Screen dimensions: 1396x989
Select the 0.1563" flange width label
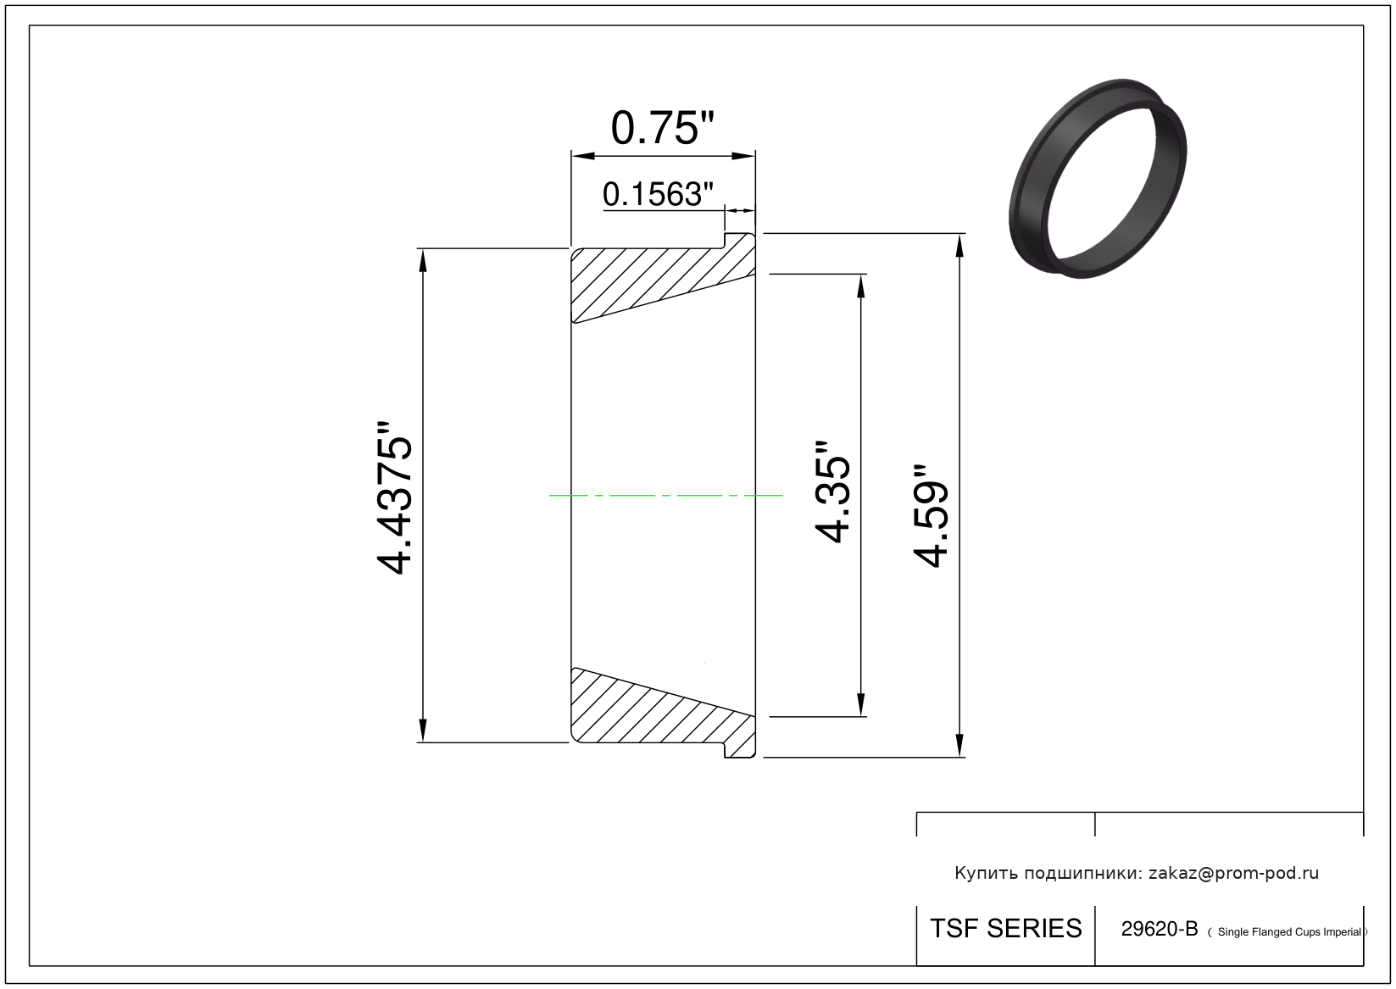click(658, 194)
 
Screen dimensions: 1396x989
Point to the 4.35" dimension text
click(832, 492)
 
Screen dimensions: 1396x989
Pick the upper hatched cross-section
click(663, 277)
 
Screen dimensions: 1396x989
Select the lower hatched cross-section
click(663, 713)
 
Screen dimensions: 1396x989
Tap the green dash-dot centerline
click(665, 496)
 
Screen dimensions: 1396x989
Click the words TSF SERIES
click(1006, 929)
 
